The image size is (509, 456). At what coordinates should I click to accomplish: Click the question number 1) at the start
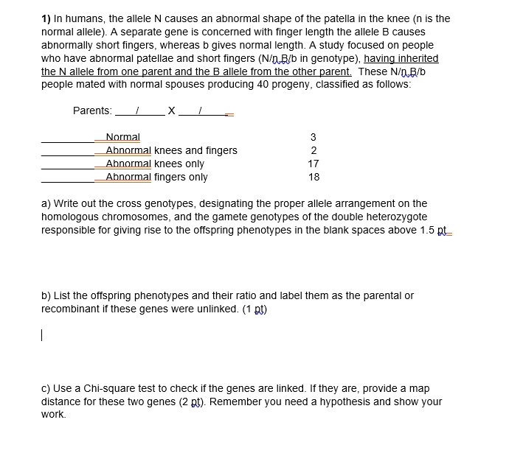click(46, 18)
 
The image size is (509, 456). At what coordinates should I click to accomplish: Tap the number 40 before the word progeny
click(232, 84)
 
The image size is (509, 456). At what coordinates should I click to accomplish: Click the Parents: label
click(92, 111)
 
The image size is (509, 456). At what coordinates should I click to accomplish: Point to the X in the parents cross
click(171, 111)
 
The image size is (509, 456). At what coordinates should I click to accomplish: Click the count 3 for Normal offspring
click(314, 137)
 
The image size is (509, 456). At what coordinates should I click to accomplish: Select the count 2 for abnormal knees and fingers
click(314, 150)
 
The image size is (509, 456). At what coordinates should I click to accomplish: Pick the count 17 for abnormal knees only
click(314, 164)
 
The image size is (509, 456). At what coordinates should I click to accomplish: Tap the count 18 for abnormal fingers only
click(314, 177)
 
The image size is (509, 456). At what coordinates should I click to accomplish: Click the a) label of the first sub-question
click(46, 203)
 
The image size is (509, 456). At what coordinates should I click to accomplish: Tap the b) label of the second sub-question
click(46, 295)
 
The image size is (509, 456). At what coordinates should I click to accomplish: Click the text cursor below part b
click(43, 335)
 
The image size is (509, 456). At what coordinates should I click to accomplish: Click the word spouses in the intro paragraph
click(177, 84)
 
